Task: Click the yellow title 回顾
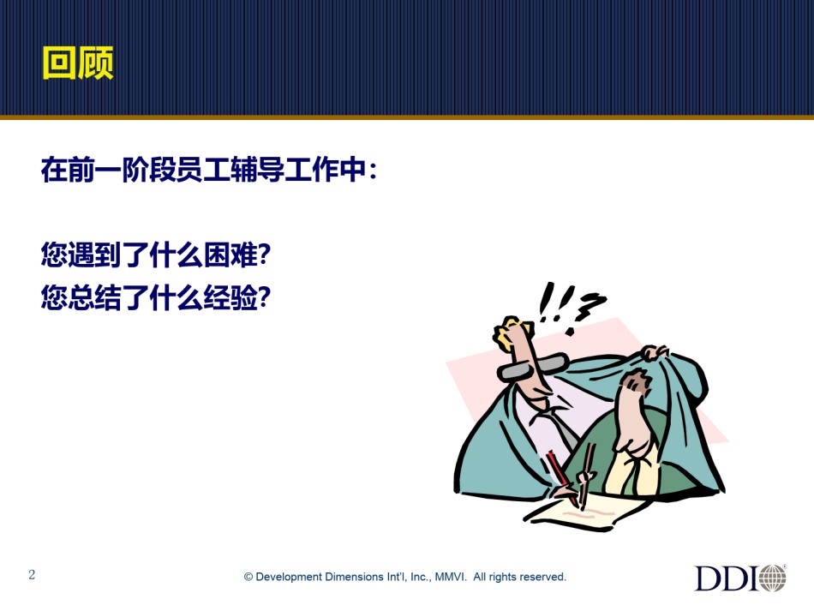pyautogui.click(x=78, y=63)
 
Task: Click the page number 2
pyautogui.click(x=32, y=574)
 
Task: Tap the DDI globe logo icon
pyautogui.click(x=773, y=578)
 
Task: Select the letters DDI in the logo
pyautogui.click(x=727, y=578)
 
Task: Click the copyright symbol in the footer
pyautogui.click(x=248, y=577)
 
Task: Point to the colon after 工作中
pyautogui.click(x=372, y=171)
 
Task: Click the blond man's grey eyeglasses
pyautogui.click(x=533, y=366)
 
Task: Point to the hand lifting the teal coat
pyautogui.click(x=655, y=353)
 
